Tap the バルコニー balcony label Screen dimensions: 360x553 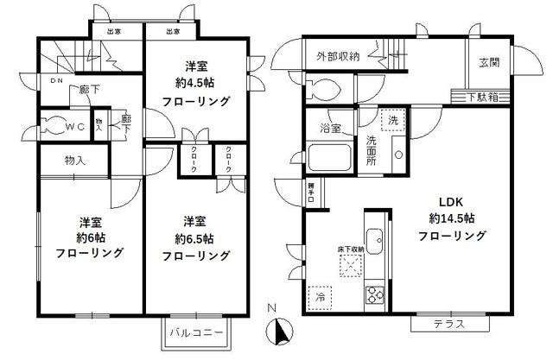[x=196, y=332]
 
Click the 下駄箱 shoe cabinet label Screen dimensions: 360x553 [x=486, y=96]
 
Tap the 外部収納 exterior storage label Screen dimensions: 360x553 [x=338, y=56]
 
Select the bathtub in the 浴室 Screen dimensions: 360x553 [x=329, y=159]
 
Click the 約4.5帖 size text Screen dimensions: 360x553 [x=196, y=84]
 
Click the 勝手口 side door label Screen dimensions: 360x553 [x=310, y=192]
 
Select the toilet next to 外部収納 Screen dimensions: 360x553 [x=321, y=89]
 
